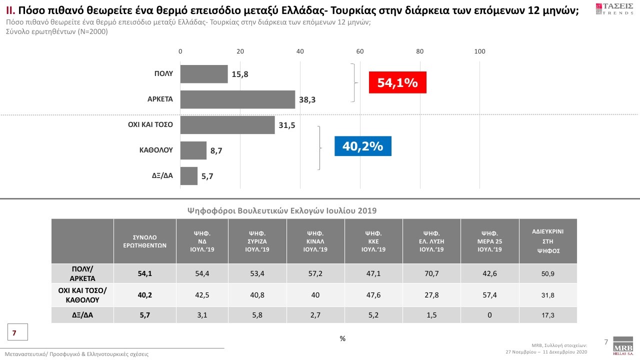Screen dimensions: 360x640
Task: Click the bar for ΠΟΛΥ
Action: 204,74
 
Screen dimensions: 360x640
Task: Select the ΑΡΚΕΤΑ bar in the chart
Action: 237,99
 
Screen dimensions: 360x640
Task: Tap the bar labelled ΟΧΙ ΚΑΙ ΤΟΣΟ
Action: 227,125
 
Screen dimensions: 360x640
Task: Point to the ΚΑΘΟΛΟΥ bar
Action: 193,150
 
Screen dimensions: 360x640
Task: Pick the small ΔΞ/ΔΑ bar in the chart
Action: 189,176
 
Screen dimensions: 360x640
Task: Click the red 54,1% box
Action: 397,82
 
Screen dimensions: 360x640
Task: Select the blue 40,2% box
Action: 362,146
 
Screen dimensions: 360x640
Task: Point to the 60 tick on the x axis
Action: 360,51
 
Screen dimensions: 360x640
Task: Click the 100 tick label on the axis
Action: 479,51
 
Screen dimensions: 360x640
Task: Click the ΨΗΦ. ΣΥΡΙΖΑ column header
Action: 257,240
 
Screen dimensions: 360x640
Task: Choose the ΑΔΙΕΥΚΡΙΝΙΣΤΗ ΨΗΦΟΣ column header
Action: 548,241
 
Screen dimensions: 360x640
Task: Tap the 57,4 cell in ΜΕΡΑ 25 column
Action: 489,295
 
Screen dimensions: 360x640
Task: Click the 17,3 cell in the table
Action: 548,315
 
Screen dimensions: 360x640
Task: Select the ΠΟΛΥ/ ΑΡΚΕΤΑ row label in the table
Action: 82,273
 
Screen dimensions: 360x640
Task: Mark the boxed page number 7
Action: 14,332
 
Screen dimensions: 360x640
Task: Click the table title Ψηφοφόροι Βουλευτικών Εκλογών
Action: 281,211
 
